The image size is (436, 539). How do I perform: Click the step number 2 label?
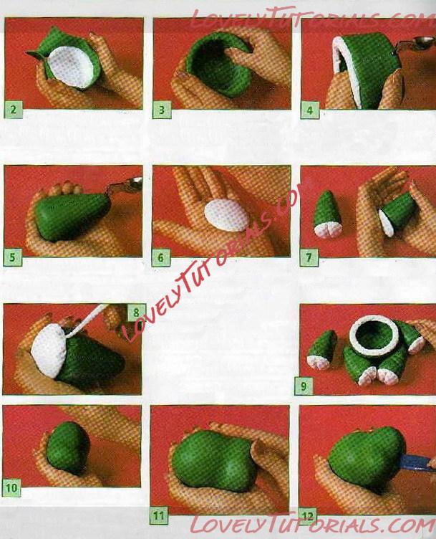(14, 110)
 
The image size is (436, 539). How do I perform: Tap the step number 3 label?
(162, 110)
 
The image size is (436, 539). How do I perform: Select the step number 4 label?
(310, 110)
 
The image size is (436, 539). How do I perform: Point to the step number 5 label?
(13, 258)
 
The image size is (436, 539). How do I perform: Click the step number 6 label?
(161, 258)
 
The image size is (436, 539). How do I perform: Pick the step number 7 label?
(309, 258)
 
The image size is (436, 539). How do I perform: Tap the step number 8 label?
(136, 313)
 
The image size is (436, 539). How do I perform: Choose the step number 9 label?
(304, 386)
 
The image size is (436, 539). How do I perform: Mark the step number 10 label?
(11, 488)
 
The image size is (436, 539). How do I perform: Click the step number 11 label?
(159, 515)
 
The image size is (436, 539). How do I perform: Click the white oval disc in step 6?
(227, 216)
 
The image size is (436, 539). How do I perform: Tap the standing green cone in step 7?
(326, 215)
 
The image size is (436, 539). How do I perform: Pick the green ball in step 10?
(67, 448)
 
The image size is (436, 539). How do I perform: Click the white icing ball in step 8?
(48, 350)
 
